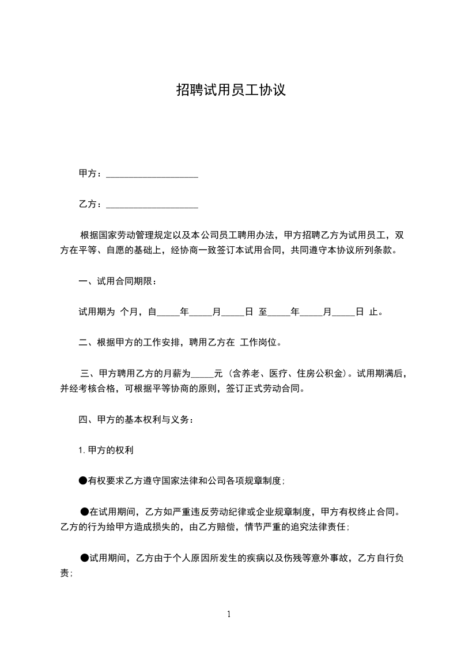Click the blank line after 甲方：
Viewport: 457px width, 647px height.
click(152, 174)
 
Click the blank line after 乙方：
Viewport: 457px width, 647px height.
click(152, 204)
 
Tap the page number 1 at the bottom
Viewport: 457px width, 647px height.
click(229, 614)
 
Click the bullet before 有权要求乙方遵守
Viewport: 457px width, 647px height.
click(83, 480)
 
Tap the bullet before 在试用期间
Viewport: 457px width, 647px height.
click(85, 511)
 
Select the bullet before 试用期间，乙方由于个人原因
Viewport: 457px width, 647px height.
click(85, 558)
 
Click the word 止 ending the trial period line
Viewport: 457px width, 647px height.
click(373, 313)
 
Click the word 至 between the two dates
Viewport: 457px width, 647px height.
click(263, 313)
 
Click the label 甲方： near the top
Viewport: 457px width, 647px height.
click(90, 174)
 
